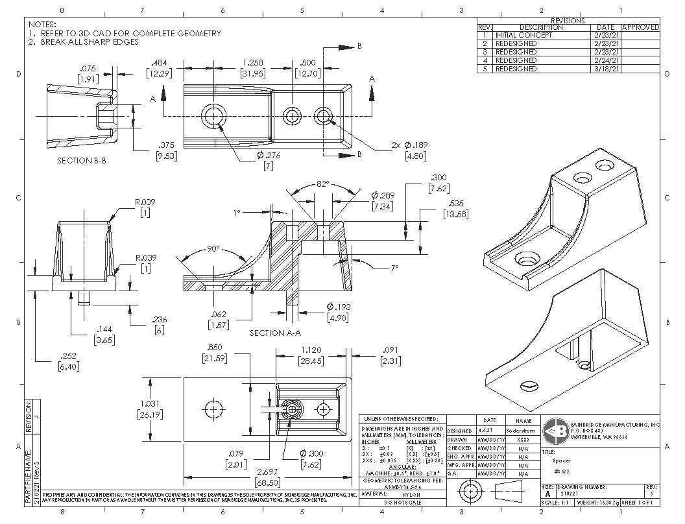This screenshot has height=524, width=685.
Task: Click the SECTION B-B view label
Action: pos(81,160)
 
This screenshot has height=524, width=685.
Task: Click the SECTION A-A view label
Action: pos(275,333)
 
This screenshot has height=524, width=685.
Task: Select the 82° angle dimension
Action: pos(322,184)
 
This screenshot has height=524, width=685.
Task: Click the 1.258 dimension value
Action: pos(252,63)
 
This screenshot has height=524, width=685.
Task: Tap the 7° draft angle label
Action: pos(394,267)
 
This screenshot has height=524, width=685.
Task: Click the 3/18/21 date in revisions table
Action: pos(607,69)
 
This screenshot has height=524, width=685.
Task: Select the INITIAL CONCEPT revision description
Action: pos(523,36)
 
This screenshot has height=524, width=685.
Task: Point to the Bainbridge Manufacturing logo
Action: pos(555,430)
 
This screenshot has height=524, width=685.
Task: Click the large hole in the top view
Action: pos(213,116)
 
